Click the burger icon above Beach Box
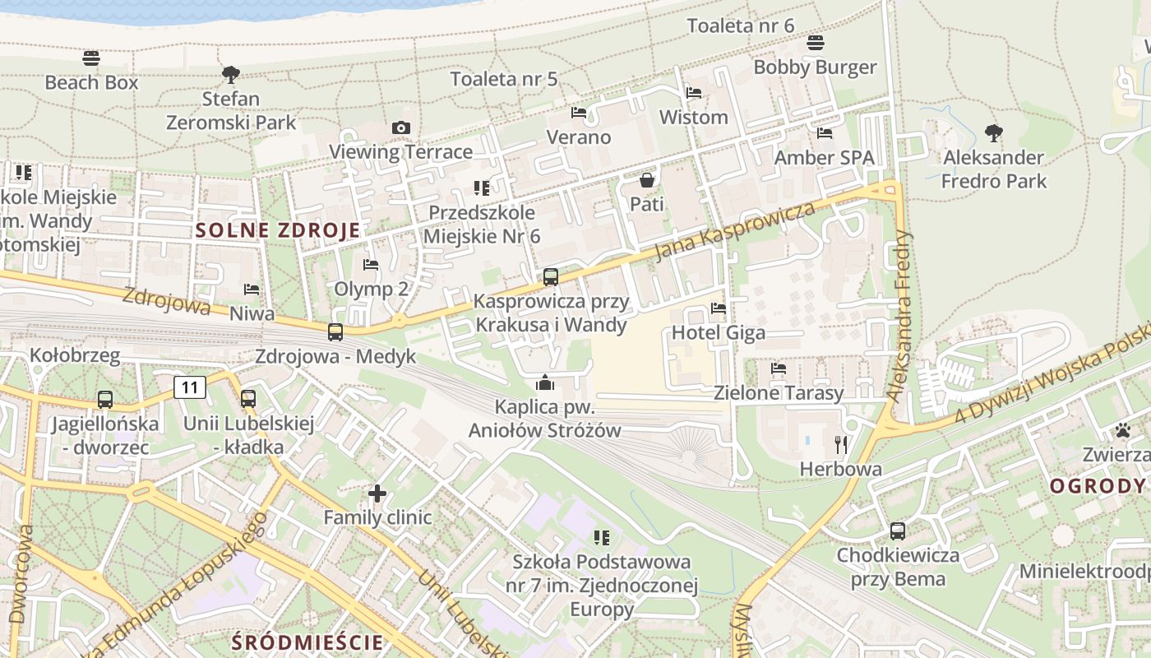[x=91, y=58]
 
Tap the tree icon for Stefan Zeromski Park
[x=231, y=75]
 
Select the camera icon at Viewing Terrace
[x=401, y=127]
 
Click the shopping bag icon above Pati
[x=647, y=179]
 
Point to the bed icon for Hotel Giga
[x=719, y=308]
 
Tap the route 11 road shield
[x=190, y=387]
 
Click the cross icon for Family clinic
[x=377, y=493]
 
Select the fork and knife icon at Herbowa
[x=840, y=445]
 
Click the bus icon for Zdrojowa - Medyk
[x=335, y=332]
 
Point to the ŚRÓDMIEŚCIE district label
[x=307, y=642]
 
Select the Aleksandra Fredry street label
[x=902, y=315]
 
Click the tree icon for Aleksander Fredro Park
[x=994, y=132]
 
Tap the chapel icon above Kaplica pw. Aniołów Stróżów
[x=544, y=382]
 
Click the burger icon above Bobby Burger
[x=816, y=42]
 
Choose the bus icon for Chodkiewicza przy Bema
[x=898, y=531]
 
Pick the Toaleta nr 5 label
[x=504, y=79]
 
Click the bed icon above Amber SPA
[x=825, y=132]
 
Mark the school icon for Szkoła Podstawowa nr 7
[x=602, y=538]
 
